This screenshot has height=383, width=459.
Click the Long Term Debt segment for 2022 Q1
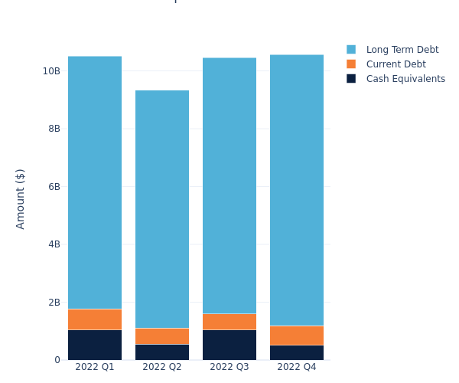coord(95,182)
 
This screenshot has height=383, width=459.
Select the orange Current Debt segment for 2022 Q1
coord(95,319)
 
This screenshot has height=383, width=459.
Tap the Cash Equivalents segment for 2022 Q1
coord(95,345)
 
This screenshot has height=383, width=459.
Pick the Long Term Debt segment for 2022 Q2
coord(162,209)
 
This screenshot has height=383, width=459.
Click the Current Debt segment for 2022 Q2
coord(162,336)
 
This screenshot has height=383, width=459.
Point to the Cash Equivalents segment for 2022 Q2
coord(162,352)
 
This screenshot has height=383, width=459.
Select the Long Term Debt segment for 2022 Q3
coord(229,185)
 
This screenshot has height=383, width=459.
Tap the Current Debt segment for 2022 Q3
coord(229,322)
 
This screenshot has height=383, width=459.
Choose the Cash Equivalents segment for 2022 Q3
coord(229,345)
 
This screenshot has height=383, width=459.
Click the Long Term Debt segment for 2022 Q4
coord(297,190)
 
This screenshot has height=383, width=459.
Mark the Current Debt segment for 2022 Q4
coord(297,336)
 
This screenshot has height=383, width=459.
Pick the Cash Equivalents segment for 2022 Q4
coord(297,352)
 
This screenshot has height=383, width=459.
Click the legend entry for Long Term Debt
coord(402,50)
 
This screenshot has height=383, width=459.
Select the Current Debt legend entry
coord(396,64)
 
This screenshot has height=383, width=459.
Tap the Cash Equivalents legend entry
coord(405,79)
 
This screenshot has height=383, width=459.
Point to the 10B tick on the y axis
coord(51,70)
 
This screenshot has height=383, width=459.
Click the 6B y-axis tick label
coord(54,186)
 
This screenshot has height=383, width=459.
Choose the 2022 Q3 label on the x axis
coord(229,367)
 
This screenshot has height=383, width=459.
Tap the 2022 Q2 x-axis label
coord(162,367)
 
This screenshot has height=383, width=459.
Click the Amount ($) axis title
coord(21,198)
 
